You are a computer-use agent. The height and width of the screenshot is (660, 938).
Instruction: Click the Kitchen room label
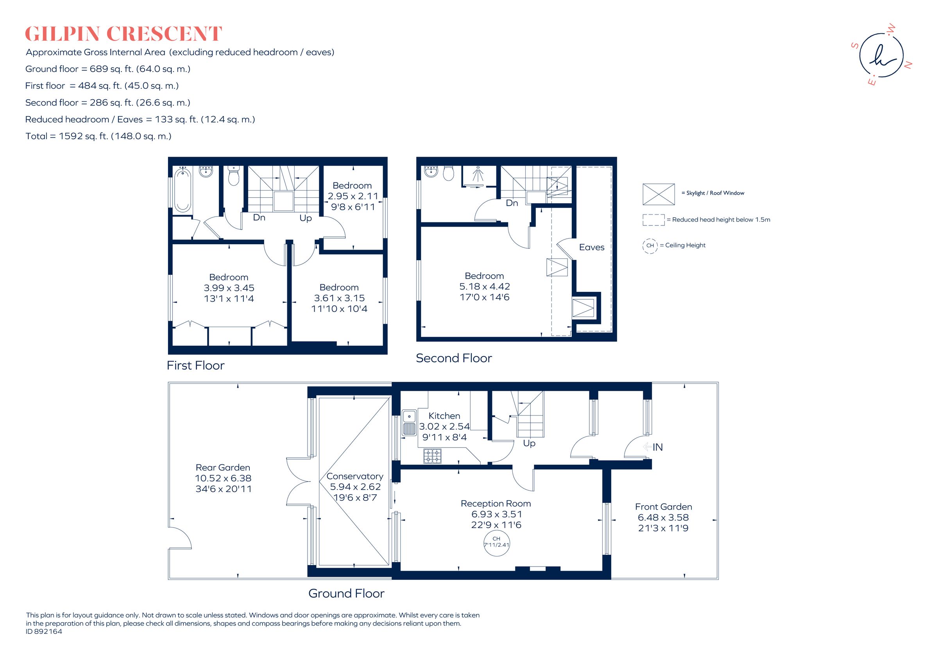pos(444,416)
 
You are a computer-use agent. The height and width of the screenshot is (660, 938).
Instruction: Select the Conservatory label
pos(354,476)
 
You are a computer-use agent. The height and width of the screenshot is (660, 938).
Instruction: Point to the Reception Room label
pos(496,504)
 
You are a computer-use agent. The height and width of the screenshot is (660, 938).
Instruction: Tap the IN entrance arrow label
pos(653,447)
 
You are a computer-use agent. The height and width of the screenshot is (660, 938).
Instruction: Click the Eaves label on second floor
pos(591,247)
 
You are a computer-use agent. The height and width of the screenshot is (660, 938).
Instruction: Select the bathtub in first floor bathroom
pos(182,191)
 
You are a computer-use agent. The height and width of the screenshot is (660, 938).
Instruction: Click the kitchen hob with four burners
pos(432,456)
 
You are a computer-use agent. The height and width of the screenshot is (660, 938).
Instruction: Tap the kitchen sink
pos(408,423)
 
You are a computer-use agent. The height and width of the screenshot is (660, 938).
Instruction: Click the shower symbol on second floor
pos(478,175)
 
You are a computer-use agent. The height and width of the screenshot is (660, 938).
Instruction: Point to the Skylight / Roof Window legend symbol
pos(658,194)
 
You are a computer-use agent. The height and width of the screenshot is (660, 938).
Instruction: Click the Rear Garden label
pos(223,468)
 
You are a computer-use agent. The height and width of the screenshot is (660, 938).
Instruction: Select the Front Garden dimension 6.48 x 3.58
pos(663,517)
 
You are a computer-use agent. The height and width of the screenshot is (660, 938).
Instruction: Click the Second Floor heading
pos(453,358)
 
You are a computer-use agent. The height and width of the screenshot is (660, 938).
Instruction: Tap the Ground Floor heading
pos(346,594)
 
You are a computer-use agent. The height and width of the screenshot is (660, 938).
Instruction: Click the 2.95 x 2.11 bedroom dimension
pos(353,196)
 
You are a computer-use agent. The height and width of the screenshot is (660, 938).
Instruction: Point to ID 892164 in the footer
pos(44,631)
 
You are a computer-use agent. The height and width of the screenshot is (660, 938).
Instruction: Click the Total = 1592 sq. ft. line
pos(98,136)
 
